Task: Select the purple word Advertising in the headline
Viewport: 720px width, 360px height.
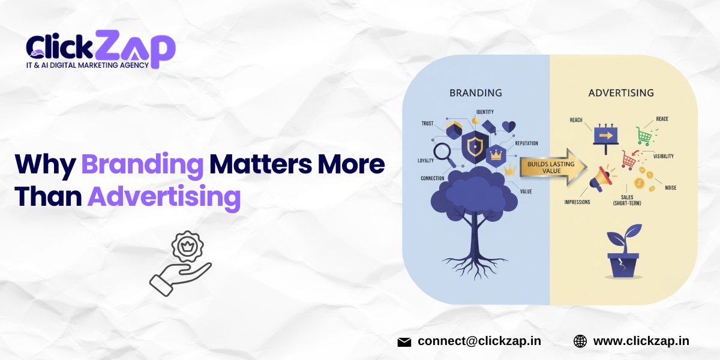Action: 164,196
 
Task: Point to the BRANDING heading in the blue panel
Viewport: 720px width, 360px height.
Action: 476,93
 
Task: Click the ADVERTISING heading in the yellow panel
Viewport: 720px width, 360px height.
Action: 621,93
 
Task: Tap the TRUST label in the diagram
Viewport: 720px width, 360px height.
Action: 428,124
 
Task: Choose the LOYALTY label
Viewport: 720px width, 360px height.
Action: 425,161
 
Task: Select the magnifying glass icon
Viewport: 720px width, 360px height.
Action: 445,154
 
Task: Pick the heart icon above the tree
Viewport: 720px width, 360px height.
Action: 509,127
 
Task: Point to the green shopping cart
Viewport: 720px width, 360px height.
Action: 644,136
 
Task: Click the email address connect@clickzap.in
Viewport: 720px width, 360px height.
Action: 479,341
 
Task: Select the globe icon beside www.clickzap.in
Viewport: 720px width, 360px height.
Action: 580,341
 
